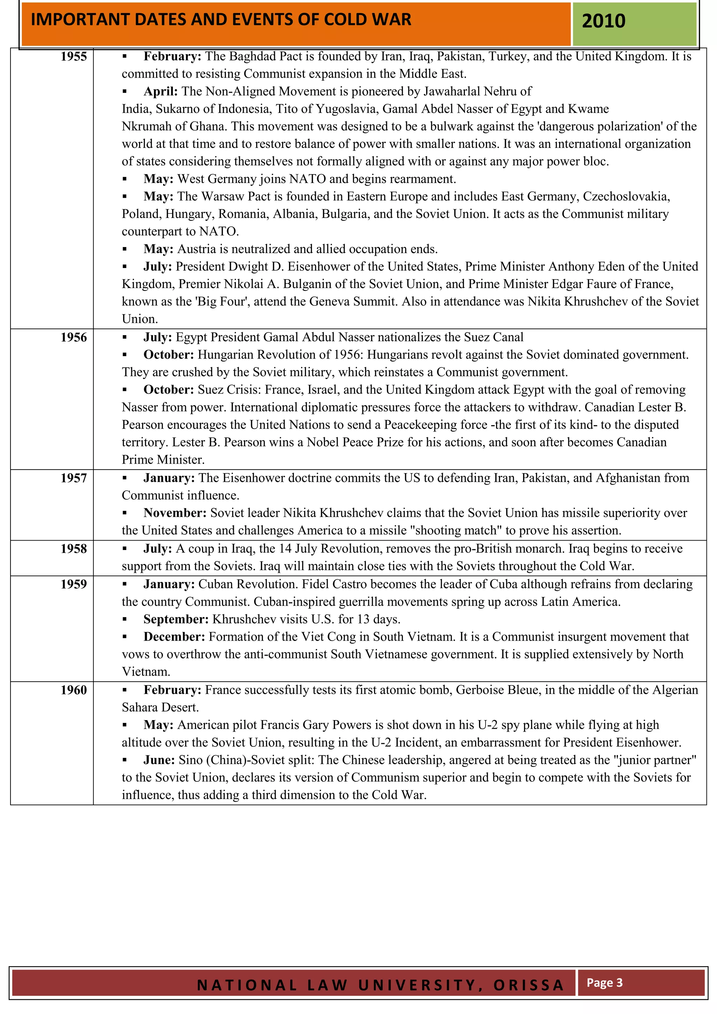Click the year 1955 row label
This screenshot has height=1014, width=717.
click(x=74, y=57)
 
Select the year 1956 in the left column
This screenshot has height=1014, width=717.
click(x=74, y=337)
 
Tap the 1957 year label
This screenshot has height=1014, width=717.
click(x=74, y=478)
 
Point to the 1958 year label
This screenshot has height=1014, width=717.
click(x=74, y=549)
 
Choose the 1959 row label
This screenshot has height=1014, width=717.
click(x=74, y=584)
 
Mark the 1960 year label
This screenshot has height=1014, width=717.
click(x=74, y=690)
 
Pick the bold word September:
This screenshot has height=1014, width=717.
click(x=176, y=619)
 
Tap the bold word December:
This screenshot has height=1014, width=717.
click(x=174, y=637)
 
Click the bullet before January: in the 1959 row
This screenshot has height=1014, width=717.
click(x=125, y=584)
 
